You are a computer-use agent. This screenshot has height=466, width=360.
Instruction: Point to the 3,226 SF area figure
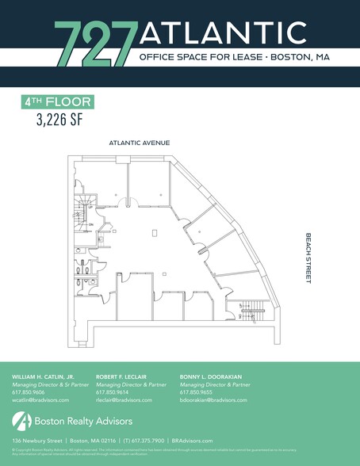[x=59, y=120]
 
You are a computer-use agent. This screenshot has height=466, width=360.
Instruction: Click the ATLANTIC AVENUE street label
[x=140, y=143]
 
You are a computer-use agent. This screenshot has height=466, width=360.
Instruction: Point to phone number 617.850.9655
[x=195, y=392]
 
